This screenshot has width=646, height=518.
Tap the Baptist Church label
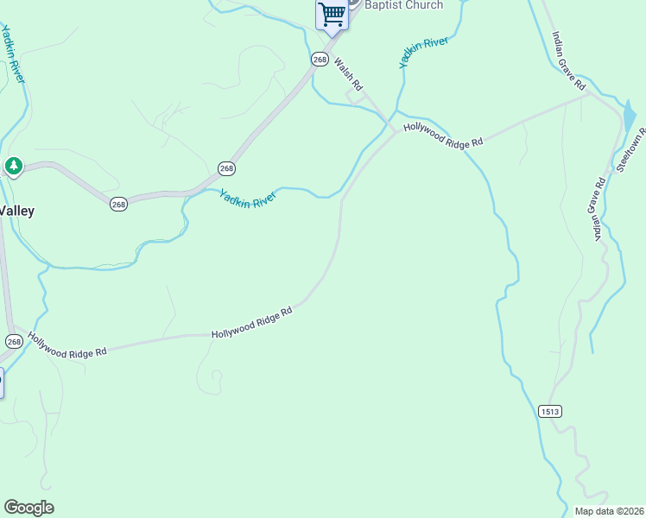404,5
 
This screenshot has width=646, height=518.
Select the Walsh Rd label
348,75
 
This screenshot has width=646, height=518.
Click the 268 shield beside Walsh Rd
320,59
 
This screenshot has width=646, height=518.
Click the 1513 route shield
549,411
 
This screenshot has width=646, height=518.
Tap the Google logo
28,508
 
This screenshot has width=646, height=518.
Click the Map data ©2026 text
609,511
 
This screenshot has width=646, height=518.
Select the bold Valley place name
16,211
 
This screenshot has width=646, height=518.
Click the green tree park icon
13,166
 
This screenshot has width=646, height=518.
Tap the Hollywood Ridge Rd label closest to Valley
66,345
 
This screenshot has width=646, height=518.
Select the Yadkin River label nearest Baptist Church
423,52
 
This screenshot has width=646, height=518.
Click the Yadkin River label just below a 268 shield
247,198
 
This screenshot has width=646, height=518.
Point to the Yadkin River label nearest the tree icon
12,54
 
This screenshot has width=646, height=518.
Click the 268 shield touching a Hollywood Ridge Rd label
14,341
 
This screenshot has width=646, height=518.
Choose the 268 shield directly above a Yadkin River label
226,168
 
